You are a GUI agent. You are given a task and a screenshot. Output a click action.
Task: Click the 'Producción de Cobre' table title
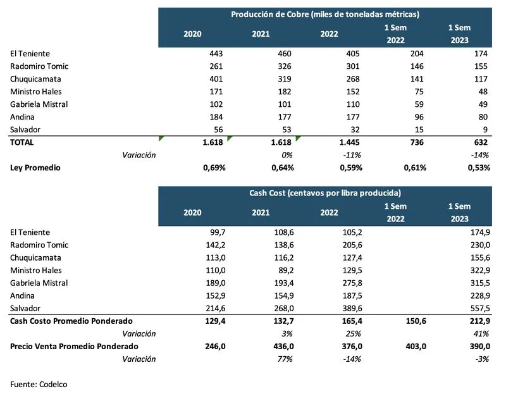click(x=324, y=14)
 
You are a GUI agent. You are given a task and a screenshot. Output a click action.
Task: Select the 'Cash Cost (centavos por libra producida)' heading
click(x=324, y=193)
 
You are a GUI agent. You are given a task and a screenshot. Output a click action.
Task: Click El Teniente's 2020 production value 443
click(x=215, y=54)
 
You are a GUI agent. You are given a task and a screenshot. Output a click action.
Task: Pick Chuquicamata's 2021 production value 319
click(x=285, y=79)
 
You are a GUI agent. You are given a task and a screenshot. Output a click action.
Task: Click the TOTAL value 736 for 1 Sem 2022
click(x=417, y=142)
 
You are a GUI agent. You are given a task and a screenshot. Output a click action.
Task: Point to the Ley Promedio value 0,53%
click(x=478, y=168)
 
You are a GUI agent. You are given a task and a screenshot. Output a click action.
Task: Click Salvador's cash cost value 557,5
click(x=479, y=309)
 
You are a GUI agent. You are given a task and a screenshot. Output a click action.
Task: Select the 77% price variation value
click(x=285, y=359)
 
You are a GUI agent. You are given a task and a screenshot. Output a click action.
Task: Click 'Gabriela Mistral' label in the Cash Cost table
click(x=39, y=283)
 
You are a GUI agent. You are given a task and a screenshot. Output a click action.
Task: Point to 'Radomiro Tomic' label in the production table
click(x=39, y=66)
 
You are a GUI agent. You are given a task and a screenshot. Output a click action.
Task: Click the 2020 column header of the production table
click(x=192, y=34)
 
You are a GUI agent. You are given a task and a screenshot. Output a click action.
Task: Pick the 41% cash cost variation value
click(x=483, y=334)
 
